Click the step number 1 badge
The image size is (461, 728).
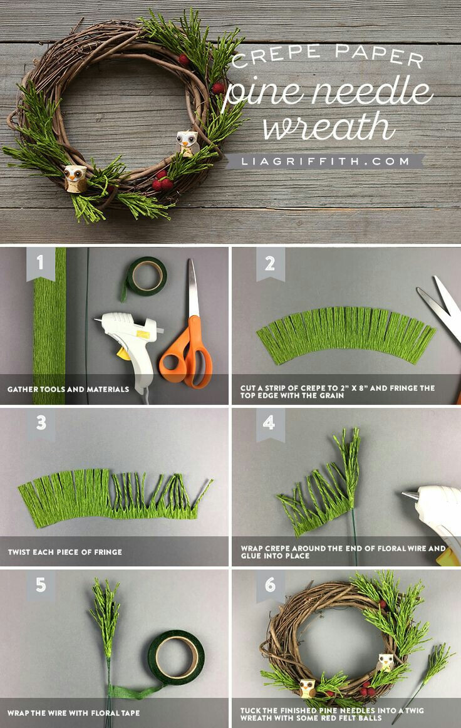[x=40, y=263]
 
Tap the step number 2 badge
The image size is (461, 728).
[x=270, y=263]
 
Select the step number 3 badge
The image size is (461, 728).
[x=41, y=423]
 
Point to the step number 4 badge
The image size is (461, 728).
[x=270, y=423]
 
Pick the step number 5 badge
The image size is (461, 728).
[x=41, y=585]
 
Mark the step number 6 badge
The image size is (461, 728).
[x=270, y=585]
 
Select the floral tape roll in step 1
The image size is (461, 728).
[x=145, y=277]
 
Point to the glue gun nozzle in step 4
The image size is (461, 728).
[x=410, y=496]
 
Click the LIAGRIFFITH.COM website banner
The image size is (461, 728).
[x=325, y=162]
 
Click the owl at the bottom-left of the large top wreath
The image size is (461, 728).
[x=75, y=179]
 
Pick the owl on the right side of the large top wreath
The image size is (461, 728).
[x=187, y=143]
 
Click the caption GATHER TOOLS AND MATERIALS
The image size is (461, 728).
[x=68, y=389]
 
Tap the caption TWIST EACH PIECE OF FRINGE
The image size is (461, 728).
[x=65, y=552]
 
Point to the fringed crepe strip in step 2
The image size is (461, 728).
[x=346, y=333]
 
